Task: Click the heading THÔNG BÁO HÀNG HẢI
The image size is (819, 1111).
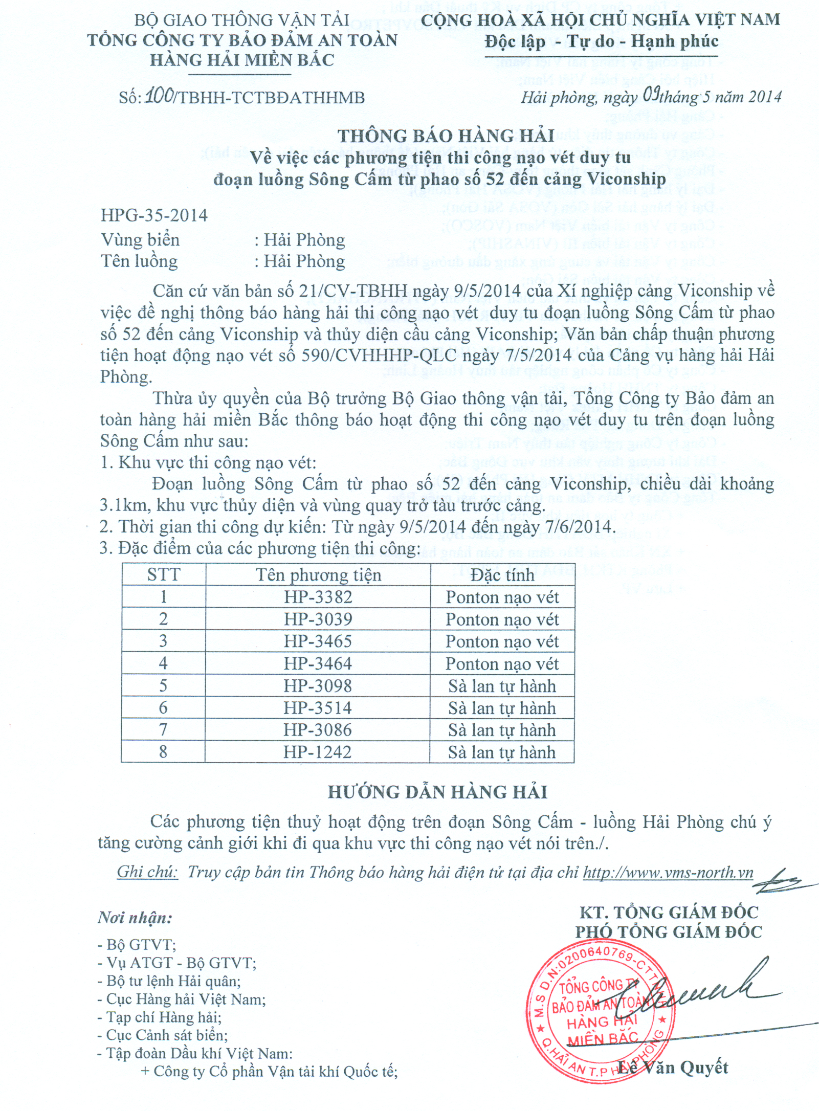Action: tap(446, 136)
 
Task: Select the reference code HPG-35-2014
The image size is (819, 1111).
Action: tap(154, 215)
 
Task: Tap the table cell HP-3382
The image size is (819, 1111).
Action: tap(318, 597)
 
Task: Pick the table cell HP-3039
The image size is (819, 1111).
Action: tap(318, 619)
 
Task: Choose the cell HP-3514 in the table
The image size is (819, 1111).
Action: tap(318, 708)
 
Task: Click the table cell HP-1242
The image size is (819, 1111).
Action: tap(318, 752)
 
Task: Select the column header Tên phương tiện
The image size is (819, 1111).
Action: tap(318, 575)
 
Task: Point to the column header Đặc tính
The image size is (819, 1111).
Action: tap(502, 575)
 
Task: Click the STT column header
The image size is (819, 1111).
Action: tap(164, 575)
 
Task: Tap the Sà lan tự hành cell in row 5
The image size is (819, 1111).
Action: tap(502, 686)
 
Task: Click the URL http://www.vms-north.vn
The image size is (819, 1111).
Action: tap(668, 872)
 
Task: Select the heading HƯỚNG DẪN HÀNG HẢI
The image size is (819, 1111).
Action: tap(437, 792)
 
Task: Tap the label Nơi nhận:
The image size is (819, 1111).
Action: tap(135, 918)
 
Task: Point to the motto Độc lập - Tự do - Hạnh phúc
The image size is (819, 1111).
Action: tap(602, 41)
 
